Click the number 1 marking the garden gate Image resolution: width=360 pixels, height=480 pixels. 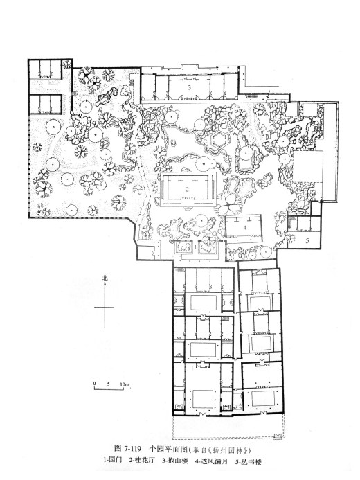point(196,246)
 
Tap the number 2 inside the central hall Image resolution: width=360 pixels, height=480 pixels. point(187,190)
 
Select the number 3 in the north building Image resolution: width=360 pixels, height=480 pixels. point(189,87)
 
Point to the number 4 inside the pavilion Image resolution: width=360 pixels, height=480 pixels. point(245,228)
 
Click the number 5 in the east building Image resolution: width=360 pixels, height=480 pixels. point(307,240)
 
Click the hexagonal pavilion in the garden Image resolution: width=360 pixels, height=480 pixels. point(219,140)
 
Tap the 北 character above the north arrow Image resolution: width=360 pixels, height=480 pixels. point(105,278)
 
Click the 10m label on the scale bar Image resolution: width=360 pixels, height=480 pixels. point(125,384)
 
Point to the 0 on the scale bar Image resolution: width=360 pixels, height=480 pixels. point(95,384)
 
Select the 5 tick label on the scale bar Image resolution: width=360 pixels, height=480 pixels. point(109,384)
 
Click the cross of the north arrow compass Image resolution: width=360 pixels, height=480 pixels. point(105,307)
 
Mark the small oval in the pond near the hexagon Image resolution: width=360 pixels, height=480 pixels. point(174,143)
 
